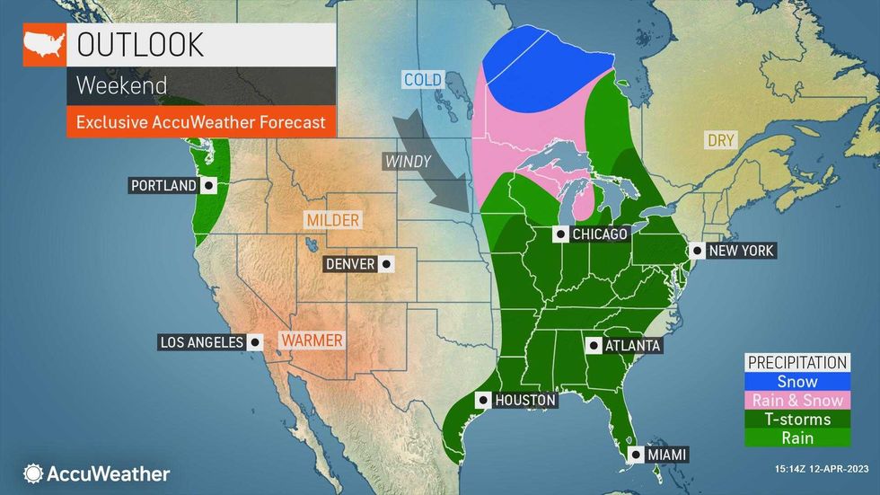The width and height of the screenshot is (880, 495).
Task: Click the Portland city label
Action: (163, 186)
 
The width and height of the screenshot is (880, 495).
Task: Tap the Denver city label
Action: (349, 264)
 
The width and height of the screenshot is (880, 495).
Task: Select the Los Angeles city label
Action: (201, 342)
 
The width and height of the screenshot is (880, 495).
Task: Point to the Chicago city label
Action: (600, 234)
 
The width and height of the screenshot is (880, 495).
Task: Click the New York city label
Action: (741, 251)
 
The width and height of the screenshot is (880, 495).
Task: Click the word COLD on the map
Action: (422, 80)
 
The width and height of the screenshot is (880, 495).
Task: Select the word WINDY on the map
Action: (408, 162)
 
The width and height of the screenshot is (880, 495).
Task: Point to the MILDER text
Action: (331, 220)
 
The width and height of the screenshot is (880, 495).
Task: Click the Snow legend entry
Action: (796, 382)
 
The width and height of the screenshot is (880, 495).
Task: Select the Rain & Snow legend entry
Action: (796, 401)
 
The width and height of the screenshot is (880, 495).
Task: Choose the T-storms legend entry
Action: (796, 420)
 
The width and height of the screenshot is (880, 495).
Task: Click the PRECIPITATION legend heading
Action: (796, 363)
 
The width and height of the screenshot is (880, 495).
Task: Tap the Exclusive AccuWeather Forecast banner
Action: (200, 121)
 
